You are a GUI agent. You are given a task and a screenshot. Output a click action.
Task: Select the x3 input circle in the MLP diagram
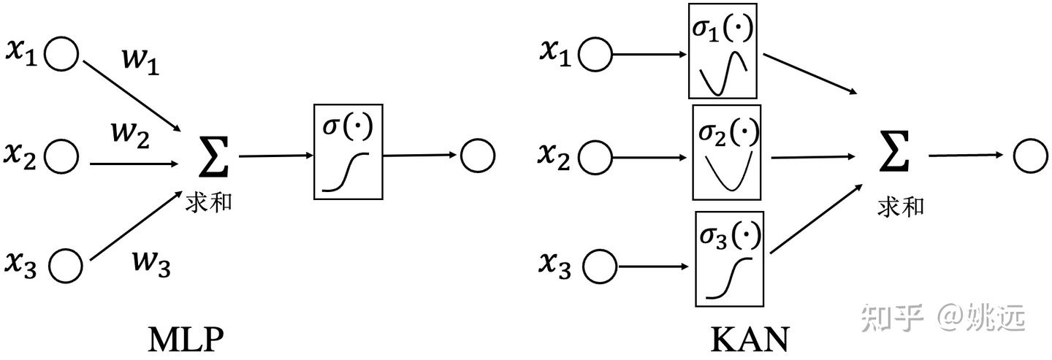pyautogui.click(x=66, y=264)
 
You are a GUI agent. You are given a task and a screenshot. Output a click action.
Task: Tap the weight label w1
pyautogui.click(x=140, y=64)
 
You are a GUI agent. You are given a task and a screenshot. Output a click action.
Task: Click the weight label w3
pyautogui.click(x=151, y=261)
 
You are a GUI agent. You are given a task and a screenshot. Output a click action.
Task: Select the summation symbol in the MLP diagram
pyautogui.click(x=214, y=156)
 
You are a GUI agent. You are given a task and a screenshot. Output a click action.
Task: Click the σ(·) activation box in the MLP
pyautogui.click(x=348, y=151)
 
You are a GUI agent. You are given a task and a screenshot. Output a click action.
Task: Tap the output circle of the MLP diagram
pyautogui.click(x=478, y=155)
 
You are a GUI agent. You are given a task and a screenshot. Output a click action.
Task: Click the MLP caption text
pyautogui.click(x=185, y=340)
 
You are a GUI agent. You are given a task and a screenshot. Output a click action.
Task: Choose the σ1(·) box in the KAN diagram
pyautogui.click(x=723, y=51)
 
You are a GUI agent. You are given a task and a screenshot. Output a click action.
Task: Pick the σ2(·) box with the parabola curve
pyautogui.click(x=726, y=153)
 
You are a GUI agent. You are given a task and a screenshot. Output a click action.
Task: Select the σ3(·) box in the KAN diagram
pyautogui.click(x=729, y=258)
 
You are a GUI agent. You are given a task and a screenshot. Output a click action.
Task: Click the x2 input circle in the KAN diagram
pyautogui.click(x=598, y=156)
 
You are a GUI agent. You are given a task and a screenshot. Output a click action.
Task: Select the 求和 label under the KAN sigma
pyautogui.click(x=900, y=207)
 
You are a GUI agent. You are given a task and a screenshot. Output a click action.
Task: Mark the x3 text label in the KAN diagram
pyautogui.click(x=555, y=264)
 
